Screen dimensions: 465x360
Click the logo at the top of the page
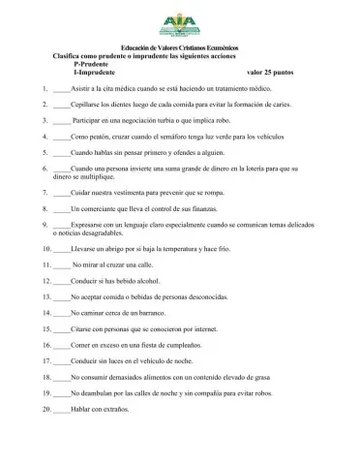coord(180,24)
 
